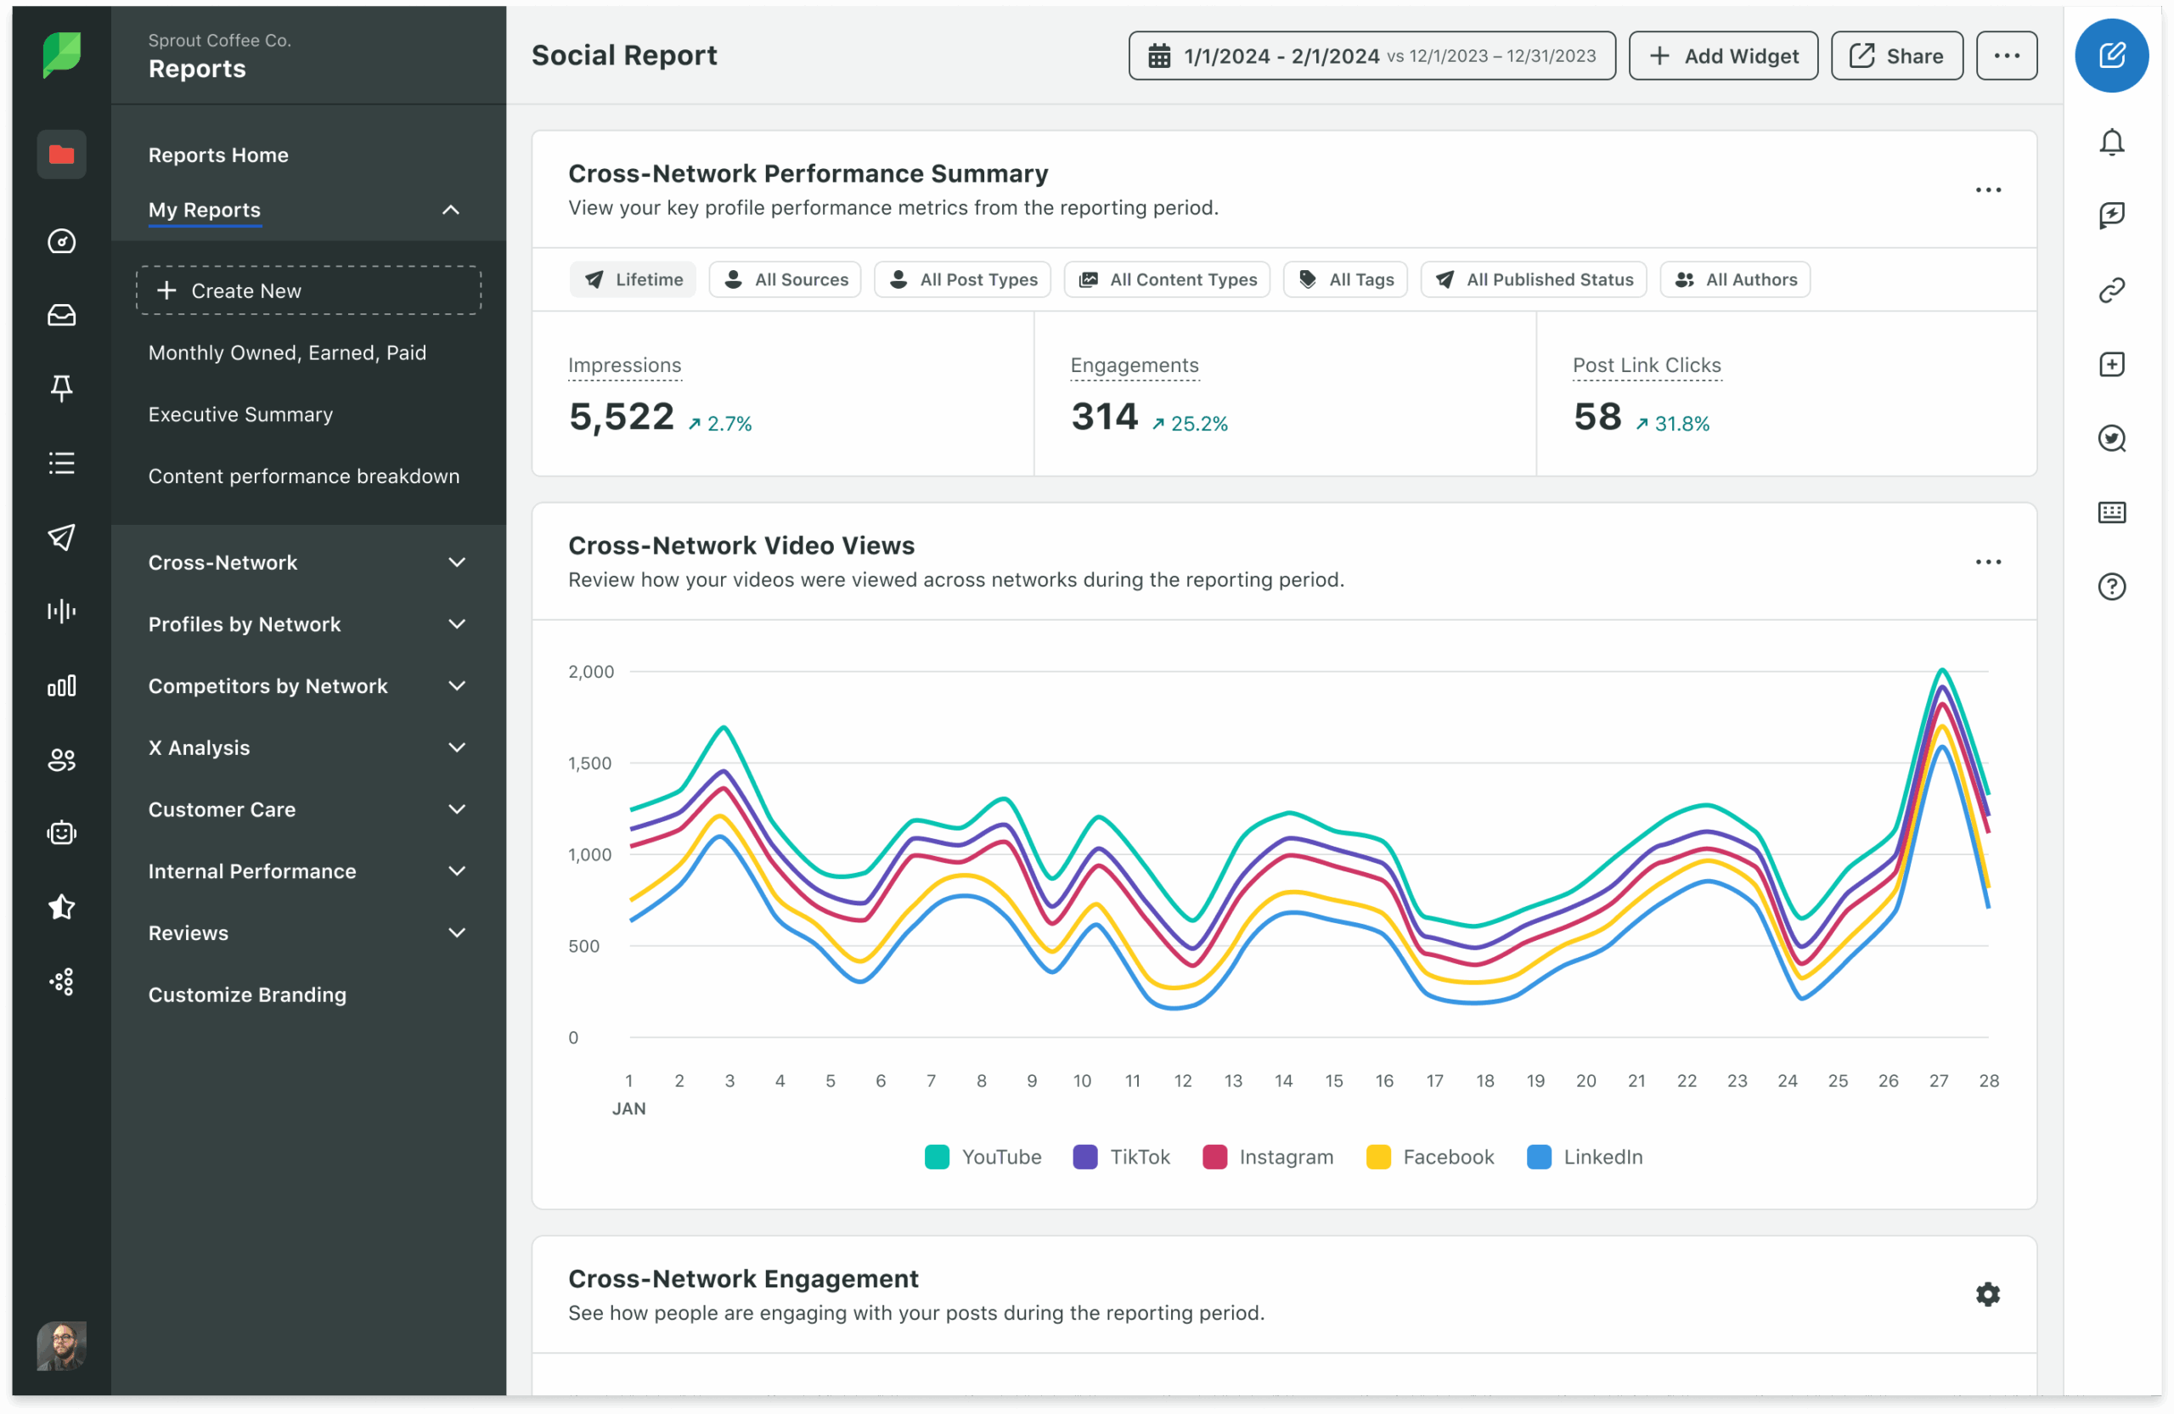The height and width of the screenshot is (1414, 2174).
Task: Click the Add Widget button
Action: point(1723,56)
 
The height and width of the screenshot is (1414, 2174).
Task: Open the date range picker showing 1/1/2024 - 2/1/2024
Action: point(1371,56)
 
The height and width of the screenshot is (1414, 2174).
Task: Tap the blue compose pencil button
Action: point(2111,56)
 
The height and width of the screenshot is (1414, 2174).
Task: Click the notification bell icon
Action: point(2111,143)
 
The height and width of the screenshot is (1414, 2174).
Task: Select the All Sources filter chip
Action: point(785,279)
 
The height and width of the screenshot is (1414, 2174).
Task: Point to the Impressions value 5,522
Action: point(621,418)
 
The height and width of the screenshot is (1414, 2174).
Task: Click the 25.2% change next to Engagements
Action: point(1191,424)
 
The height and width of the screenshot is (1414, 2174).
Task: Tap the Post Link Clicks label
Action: point(1646,365)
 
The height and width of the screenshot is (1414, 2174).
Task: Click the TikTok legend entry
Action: point(1122,1158)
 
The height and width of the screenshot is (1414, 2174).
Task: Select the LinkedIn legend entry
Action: point(1585,1158)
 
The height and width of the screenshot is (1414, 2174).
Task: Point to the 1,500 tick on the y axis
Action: point(589,763)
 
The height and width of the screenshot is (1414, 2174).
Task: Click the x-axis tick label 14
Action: point(1283,1080)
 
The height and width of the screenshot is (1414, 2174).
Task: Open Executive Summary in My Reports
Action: point(240,414)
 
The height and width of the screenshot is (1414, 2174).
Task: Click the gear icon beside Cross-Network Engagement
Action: point(1988,1294)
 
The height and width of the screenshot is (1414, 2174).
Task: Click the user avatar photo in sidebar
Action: point(61,1345)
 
